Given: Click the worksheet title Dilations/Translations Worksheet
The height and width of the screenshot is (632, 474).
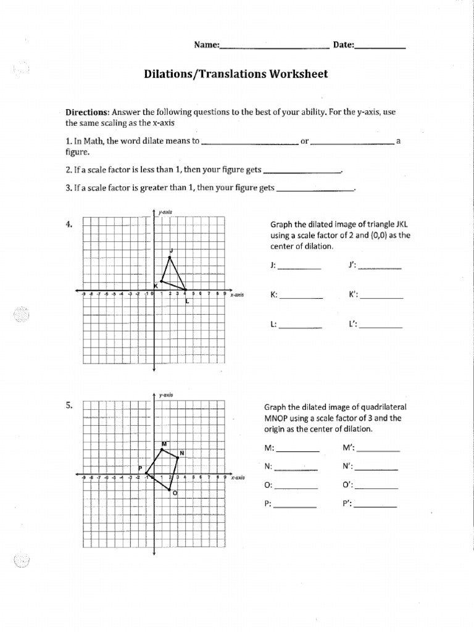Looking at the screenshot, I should click(x=236, y=75).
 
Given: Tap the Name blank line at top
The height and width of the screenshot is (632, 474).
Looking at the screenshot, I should click(x=274, y=47).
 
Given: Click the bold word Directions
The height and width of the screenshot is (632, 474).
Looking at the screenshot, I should click(x=86, y=112).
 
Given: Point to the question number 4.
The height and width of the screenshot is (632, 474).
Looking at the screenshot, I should click(x=69, y=225).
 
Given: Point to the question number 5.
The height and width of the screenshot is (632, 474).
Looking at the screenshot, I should click(x=69, y=405).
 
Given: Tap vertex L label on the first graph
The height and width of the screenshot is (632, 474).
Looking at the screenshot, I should click(x=186, y=301).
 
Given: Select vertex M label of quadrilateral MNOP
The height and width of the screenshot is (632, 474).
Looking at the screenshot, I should click(x=164, y=444).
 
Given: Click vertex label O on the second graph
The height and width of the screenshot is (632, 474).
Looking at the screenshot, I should click(x=174, y=493).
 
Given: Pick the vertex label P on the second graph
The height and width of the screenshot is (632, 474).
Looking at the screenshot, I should click(x=140, y=468).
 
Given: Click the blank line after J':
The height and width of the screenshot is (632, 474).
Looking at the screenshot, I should click(x=380, y=268).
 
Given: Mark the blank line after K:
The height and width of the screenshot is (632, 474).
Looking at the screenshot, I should click(x=301, y=298).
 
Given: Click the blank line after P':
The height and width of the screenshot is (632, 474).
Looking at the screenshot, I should click(x=375, y=507).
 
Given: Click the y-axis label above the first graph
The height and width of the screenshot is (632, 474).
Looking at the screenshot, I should click(x=165, y=212).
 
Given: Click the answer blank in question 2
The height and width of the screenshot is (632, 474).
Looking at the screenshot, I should click(x=302, y=172).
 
